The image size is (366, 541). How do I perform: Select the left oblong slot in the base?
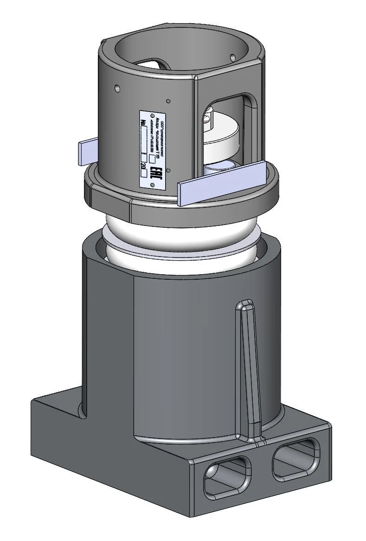(227, 475)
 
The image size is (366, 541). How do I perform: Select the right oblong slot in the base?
(297, 459)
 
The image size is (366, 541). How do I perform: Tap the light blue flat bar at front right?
(222, 183)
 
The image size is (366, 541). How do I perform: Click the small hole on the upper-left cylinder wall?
(117, 87)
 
